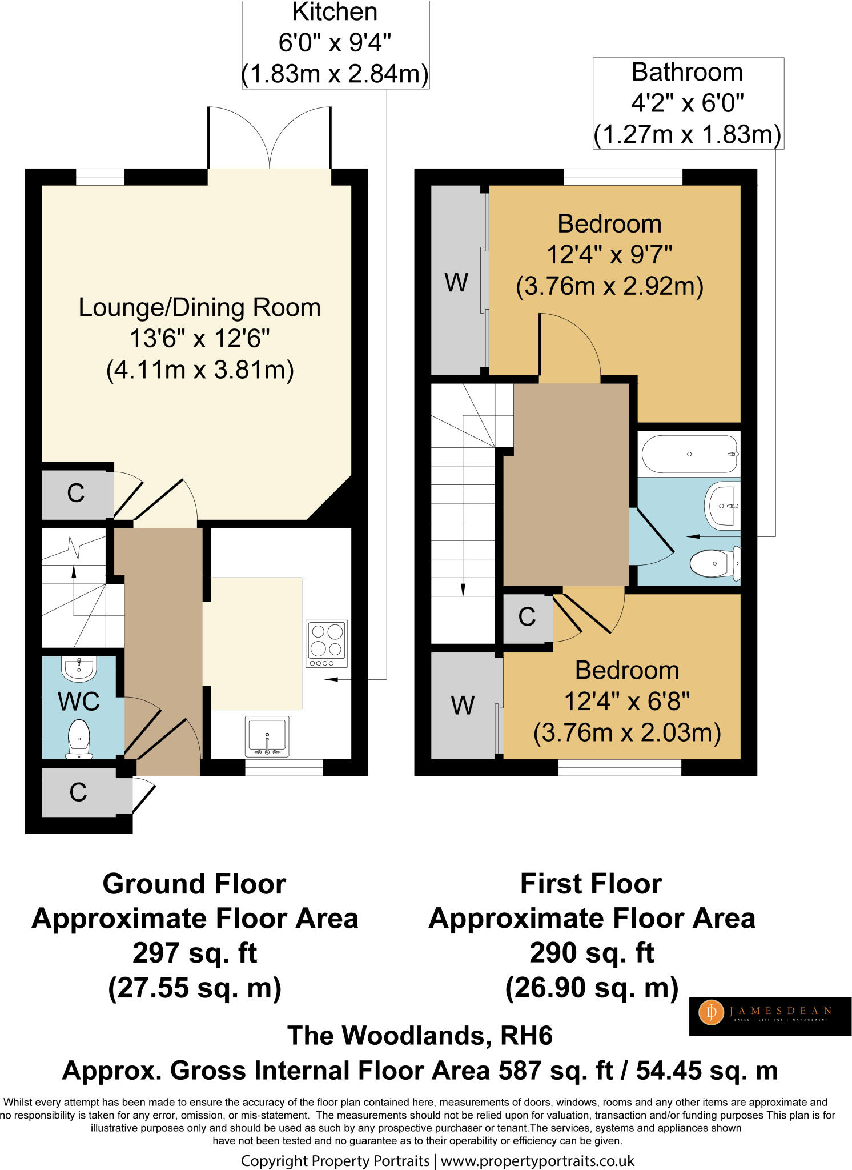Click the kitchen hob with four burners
tap(327, 643)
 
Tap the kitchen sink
tap(267, 736)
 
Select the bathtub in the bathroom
tap(690, 454)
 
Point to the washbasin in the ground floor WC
tap(79, 668)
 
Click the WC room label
tap(79, 702)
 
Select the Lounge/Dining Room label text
tap(199, 308)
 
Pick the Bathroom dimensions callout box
tap(688, 103)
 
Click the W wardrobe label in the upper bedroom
tap(456, 283)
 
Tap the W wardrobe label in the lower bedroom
tap(463, 706)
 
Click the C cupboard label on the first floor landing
tap(527, 617)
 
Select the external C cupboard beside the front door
tap(78, 792)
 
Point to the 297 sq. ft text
tap(195, 953)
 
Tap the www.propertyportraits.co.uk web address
tap(537, 1160)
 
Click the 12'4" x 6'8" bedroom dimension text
tap(626, 701)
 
